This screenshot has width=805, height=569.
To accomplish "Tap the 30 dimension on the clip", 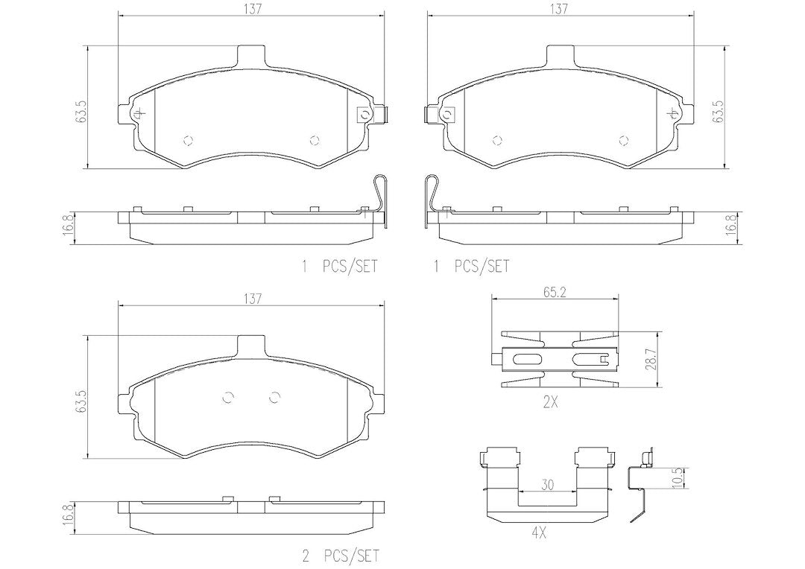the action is (x=548, y=484).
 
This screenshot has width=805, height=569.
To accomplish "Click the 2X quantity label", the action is (x=550, y=403).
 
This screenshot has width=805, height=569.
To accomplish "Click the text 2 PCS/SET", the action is (x=341, y=555).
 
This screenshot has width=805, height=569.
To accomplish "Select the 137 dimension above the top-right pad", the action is (x=559, y=9).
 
